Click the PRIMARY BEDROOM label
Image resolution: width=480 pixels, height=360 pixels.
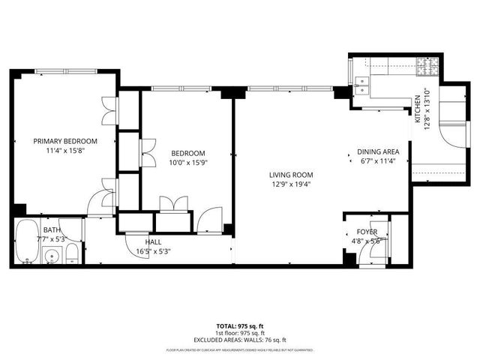tap(64, 141)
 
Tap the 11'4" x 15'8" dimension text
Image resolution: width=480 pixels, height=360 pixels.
tap(64, 151)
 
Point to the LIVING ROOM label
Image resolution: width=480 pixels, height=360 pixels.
tap(292, 175)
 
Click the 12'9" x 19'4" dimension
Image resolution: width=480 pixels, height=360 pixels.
tap(292, 184)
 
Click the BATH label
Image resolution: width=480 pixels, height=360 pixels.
tap(52, 229)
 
